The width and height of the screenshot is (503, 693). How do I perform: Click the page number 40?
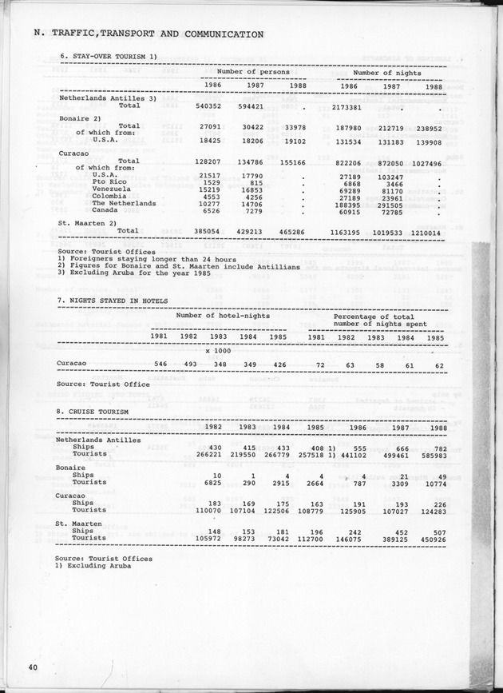(x=33, y=667)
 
